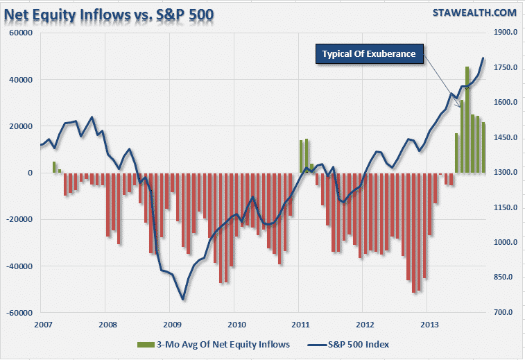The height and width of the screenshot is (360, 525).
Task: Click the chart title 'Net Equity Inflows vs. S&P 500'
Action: [x=111, y=13]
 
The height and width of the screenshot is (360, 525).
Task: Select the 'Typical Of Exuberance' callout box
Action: [x=369, y=54]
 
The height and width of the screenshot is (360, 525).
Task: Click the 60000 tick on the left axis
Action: [x=21, y=33]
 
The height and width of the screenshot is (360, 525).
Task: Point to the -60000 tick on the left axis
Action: [x=19, y=313]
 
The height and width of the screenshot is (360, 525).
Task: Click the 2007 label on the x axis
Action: [x=43, y=325]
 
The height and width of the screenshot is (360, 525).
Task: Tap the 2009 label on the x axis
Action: [x=172, y=325]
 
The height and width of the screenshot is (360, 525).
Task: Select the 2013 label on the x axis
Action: [x=430, y=325]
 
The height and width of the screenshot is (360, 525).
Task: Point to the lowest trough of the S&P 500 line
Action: [x=183, y=300]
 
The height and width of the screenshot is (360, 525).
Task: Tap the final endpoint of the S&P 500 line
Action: [x=483, y=58]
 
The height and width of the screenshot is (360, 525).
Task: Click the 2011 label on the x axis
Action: [x=301, y=325]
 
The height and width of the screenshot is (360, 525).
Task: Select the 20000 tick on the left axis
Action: [x=21, y=126]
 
